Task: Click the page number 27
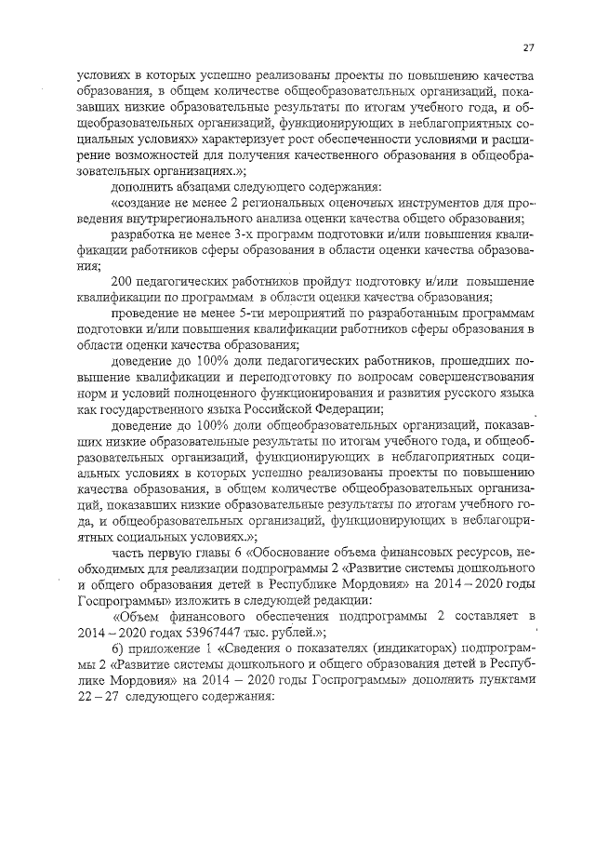pyautogui.click(x=527, y=47)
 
